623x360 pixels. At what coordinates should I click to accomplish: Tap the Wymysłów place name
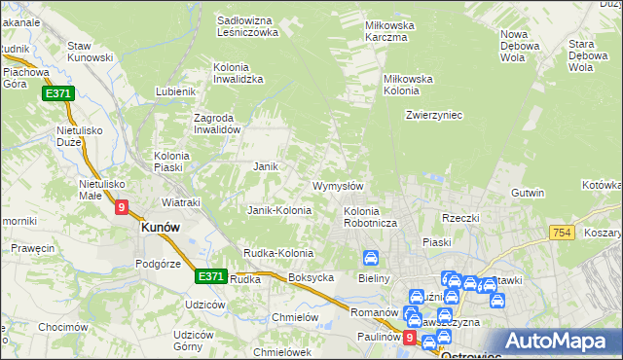point(338,186)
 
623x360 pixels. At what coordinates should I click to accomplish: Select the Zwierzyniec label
point(433,115)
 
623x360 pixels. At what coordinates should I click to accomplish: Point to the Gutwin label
point(528,193)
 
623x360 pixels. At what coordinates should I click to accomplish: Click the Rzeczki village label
point(460,218)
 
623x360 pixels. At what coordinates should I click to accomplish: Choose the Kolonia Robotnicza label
point(368,217)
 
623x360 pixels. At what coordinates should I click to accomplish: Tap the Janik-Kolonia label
point(279,210)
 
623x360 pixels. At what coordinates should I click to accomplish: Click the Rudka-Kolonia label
point(278,254)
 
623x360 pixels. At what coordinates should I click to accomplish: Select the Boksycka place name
point(311,277)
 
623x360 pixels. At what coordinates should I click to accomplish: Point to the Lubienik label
point(176,92)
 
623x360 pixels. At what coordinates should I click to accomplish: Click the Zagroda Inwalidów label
point(216,124)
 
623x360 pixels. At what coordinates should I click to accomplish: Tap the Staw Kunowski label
point(92,52)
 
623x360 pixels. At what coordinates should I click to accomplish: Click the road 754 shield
point(561,234)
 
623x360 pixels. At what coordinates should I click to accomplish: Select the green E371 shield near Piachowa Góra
point(57,93)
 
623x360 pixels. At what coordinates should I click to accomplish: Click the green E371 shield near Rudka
point(210,276)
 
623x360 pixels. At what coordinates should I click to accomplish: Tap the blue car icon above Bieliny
point(371,259)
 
